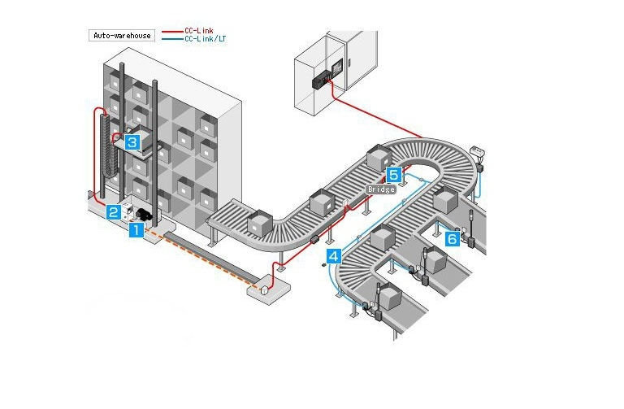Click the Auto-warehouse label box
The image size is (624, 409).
[x=121, y=36]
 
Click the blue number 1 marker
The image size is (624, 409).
[x=136, y=230]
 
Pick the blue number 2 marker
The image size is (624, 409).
[x=114, y=212]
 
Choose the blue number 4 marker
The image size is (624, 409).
[x=333, y=257]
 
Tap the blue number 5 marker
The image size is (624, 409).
[x=394, y=174]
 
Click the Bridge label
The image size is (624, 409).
[x=381, y=189]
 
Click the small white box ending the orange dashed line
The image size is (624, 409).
[x=264, y=288]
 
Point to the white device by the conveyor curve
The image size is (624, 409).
[x=478, y=154]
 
